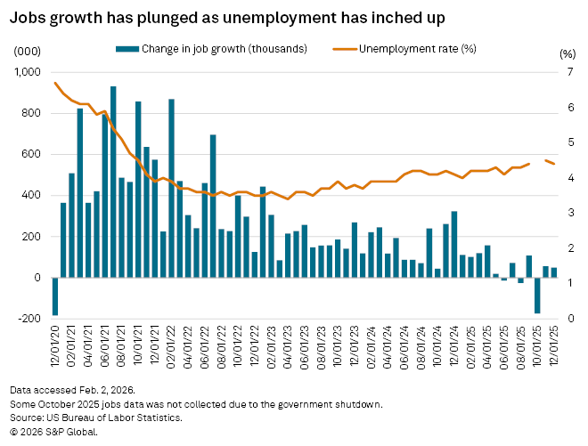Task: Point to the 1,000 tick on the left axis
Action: coord(29,72)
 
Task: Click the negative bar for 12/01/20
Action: coord(55,296)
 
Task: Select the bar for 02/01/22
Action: coord(171,188)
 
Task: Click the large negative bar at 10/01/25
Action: coord(537,295)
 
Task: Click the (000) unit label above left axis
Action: coord(26,53)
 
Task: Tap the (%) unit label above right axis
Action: coord(567,53)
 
